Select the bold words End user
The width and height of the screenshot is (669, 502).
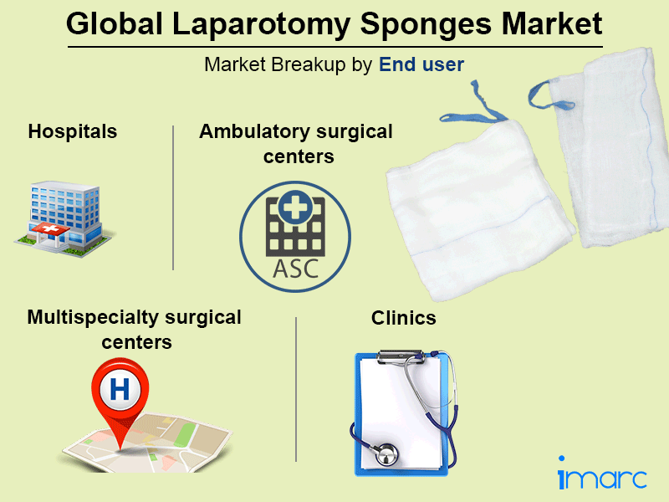coord(421,64)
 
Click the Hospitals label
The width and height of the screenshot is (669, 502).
coord(72,131)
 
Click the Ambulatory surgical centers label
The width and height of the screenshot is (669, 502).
coord(296,144)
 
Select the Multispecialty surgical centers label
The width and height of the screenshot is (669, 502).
coord(134,330)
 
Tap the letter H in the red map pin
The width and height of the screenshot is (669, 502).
coord(120,389)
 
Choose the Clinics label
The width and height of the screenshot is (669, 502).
coord(404,319)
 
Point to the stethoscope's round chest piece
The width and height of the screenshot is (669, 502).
coord(386,456)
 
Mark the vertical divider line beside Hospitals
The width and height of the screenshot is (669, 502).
coord(173,197)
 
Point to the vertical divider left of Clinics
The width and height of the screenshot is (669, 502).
coord(296,389)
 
